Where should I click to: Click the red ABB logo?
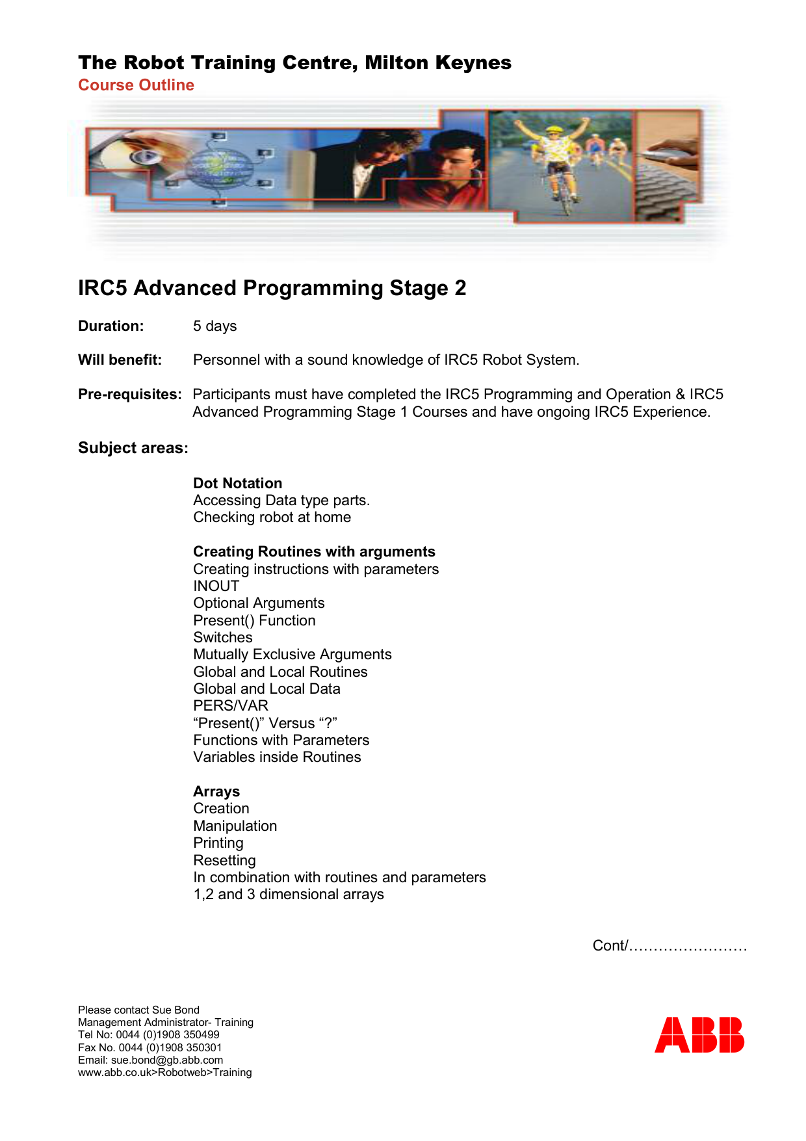[699, 1034]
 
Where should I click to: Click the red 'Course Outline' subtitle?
[136, 85]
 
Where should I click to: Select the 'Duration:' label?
[110, 326]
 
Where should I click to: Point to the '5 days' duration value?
[214, 326]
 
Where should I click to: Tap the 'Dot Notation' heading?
[237, 483]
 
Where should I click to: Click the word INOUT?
[216, 586]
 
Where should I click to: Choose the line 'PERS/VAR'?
[230, 705]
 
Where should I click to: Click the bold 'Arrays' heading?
[216, 791]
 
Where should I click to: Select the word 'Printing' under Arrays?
[218, 843]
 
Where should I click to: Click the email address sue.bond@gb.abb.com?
[166, 1060]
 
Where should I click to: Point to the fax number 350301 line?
[149, 1047]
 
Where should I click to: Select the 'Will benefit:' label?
[120, 360]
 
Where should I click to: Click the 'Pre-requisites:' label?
[129, 394]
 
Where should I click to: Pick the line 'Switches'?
[222, 637]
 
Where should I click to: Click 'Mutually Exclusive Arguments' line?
[292, 654]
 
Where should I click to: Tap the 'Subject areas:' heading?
[133, 448]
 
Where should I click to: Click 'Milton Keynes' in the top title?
[437, 62]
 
